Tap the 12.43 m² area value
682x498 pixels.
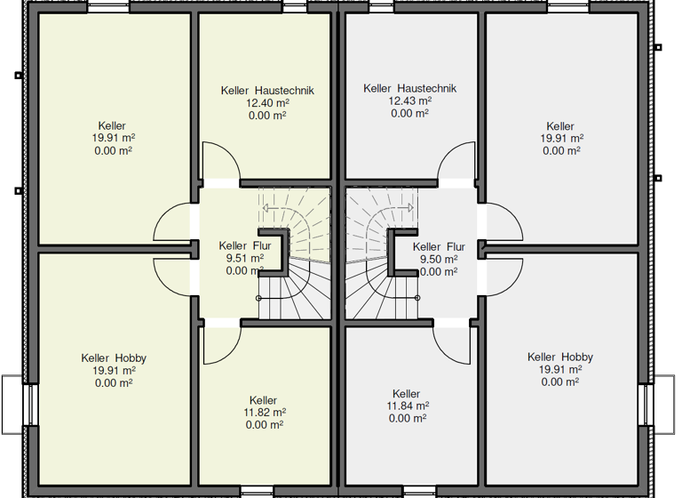tap(410, 100)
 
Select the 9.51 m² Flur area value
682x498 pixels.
tap(245, 258)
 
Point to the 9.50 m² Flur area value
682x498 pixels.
tap(439, 260)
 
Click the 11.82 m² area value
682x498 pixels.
tap(265, 412)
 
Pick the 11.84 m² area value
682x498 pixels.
tap(408, 406)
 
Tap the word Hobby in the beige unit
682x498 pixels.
tap(131, 358)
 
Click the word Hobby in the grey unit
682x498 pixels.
tap(577, 357)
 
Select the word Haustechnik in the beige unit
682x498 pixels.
tap(284, 91)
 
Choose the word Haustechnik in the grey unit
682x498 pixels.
tap(427, 88)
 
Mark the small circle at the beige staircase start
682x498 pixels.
tap(258, 299)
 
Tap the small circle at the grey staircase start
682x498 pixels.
tap(417, 298)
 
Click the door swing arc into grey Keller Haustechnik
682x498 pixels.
tap(448, 153)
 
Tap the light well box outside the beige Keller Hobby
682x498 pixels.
tap(12, 405)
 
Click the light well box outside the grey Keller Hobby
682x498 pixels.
tap(664, 405)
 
